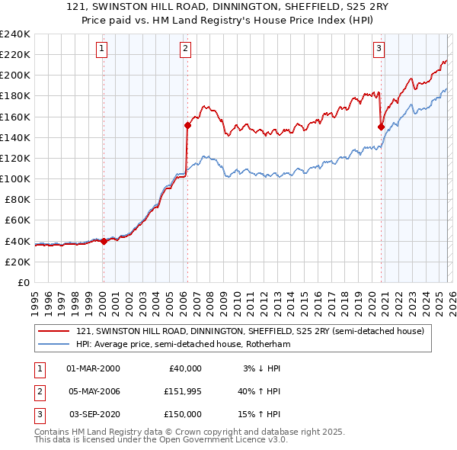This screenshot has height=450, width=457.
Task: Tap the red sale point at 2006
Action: [x=187, y=124]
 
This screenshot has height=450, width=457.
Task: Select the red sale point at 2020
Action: [x=380, y=127]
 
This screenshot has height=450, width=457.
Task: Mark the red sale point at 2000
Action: [x=104, y=241]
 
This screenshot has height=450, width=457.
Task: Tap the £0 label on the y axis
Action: [x=23, y=282]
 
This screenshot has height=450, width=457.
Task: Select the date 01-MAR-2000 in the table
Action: [x=93, y=368]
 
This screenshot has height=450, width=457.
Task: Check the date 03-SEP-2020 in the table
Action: [x=94, y=414]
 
